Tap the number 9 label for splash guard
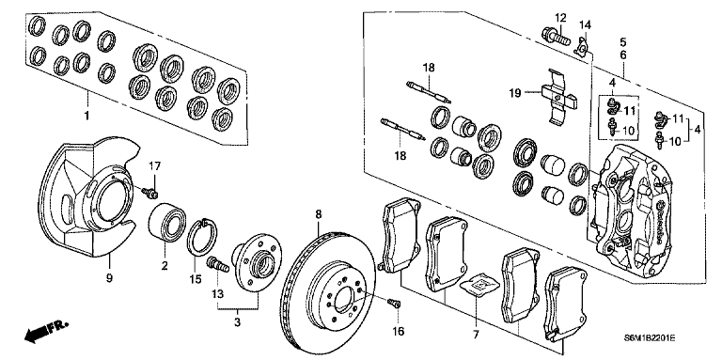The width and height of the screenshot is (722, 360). coord(110,278)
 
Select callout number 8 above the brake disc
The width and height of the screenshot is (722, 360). coord(317,215)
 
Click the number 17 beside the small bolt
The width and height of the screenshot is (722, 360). coord(155,167)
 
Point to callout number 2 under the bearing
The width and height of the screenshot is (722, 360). coord(164,268)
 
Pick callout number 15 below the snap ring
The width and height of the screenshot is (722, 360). coord(196,280)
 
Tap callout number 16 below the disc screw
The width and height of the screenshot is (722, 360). coord(399,332)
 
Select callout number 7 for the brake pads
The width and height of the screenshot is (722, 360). coord(477,335)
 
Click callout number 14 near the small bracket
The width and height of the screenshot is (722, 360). coord(584,23)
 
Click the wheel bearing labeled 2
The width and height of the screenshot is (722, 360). coord(169,222)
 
